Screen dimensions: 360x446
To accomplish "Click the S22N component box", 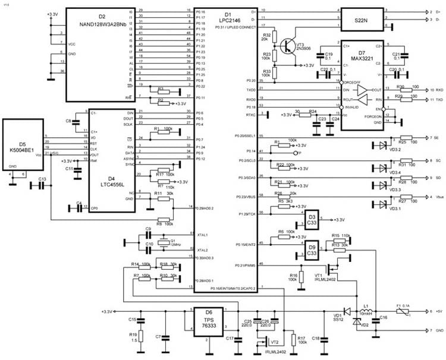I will pyautogui.click(x=361, y=19).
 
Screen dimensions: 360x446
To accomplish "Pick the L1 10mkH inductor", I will pyautogui.click(x=366, y=311).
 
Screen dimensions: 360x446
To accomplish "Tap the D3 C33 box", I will pyautogui.click(x=312, y=218).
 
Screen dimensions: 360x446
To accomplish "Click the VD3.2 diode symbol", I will pyautogui.click(x=377, y=144).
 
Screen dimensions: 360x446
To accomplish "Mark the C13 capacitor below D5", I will pyautogui.click(x=42, y=185).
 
